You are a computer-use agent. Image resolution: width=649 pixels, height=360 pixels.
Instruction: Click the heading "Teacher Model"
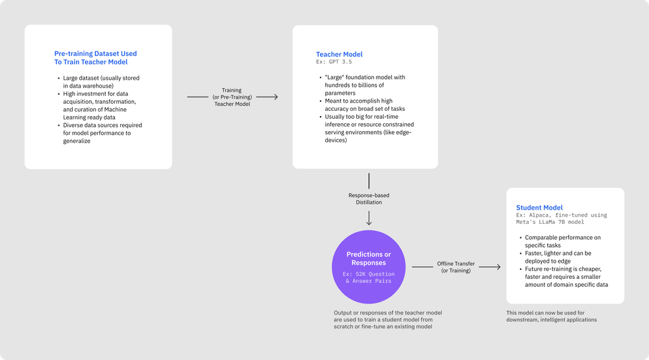[339, 54]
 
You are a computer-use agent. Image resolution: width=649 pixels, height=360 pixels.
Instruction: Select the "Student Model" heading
[539, 208]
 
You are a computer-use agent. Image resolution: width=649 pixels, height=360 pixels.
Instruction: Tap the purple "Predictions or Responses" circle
[369, 267]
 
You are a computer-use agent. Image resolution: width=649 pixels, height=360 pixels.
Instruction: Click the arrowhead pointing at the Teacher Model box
[275, 97]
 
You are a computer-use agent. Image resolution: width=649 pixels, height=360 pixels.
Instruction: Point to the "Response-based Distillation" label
[369, 198]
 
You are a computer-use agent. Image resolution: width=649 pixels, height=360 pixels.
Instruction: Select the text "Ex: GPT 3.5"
[334, 62]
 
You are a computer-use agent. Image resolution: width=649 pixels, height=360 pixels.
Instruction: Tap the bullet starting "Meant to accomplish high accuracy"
[368, 105]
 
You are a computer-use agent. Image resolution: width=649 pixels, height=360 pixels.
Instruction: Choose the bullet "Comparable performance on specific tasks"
[563, 241]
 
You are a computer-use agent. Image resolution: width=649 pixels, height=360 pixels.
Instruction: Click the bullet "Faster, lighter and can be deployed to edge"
[563, 257]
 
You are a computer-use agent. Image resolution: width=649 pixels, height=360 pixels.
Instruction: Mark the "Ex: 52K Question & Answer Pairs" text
[369, 278]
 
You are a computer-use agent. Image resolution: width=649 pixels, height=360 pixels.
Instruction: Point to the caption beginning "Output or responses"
[387, 319]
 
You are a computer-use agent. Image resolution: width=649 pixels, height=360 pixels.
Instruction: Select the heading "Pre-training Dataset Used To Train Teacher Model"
[95, 58]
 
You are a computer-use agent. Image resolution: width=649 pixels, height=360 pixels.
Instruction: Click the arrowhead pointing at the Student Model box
[498, 267]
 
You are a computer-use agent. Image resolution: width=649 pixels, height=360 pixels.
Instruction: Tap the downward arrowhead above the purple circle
[369, 222]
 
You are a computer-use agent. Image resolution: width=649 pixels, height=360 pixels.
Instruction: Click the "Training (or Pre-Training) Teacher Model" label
[232, 97]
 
